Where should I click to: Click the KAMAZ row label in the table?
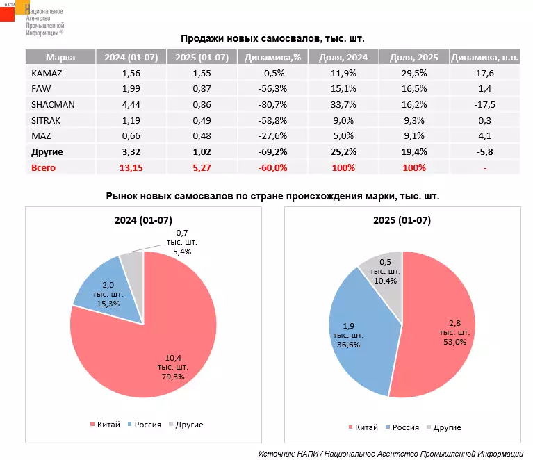click(x=47, y=73)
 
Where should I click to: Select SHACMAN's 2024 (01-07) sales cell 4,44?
click(x=131, y=104)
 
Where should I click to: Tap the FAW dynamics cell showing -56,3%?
click(x=272, y=89)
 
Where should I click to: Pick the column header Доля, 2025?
click(x=414, y=57)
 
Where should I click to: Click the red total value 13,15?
click(x=131, y=168)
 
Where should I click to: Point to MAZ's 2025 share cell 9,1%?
click(x=414, y=136)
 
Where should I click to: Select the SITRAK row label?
click(x=46, y=120)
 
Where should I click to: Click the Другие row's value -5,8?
click(x=485, y=152)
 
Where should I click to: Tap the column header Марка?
click(x=60, y=57)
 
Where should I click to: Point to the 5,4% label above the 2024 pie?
click(x=182, y=252)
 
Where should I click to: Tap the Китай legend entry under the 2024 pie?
click(x=105, y=425)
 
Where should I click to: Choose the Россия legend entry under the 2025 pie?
click(x=402, y=427)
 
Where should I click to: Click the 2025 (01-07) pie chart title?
click(x=402, y=220)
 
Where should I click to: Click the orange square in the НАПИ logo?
click(x=22, y=7)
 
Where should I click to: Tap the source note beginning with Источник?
click(x=391, y=454)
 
